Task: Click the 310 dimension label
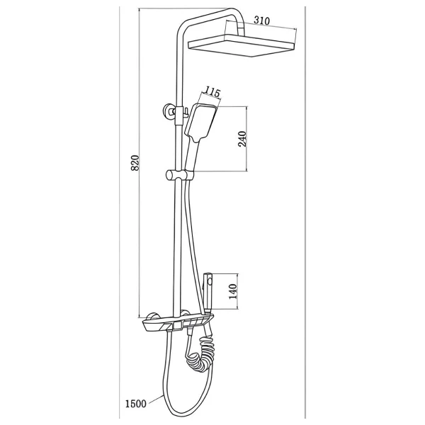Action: click(x=261, y=21)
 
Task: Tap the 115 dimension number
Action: click(x=212, y=92)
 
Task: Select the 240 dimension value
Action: click(x=242, y=139)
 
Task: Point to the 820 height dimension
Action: click(x=135, y=163)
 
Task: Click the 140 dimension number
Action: click(x=233, y=291)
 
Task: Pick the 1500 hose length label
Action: click(x=135, y=404)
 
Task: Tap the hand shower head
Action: click(x=200, y=123)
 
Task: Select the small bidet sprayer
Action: click(x=208, y=293)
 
